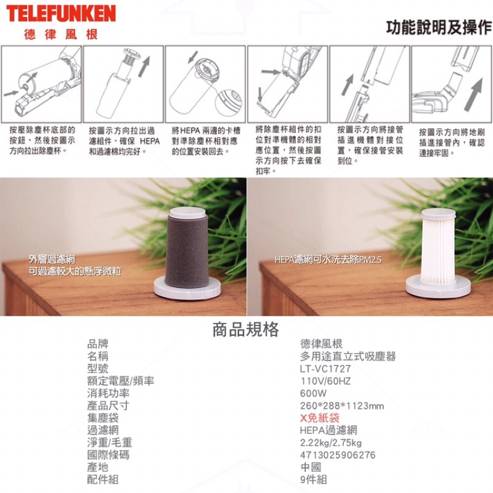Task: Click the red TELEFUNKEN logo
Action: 61,14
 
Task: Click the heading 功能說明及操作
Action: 439,27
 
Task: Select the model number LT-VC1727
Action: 325,369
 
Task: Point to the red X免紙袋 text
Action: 319,418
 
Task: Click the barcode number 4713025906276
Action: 338,455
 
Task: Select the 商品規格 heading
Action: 246,329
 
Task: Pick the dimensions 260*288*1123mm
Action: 342,405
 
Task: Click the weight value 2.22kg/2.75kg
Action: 331,442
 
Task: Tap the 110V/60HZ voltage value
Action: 325,381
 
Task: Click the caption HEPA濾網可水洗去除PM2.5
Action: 328,259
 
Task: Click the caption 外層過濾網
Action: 52,259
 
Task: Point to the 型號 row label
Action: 98,369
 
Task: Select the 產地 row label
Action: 98,467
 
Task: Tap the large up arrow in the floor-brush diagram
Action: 473,94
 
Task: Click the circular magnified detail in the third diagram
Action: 229,102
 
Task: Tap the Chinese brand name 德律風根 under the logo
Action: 61,35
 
